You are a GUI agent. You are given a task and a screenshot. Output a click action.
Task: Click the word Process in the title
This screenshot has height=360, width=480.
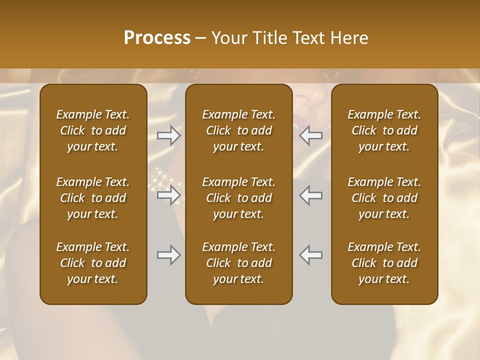point(157,38)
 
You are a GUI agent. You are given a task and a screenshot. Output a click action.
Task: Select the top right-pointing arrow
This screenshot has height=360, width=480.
point(169,135)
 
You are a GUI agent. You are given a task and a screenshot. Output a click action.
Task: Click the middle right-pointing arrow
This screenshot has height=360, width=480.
point(169,195)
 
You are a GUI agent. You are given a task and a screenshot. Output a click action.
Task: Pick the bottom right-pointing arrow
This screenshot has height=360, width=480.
point(169,255)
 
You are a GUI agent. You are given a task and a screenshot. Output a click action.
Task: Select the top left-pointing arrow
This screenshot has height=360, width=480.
point(311,135)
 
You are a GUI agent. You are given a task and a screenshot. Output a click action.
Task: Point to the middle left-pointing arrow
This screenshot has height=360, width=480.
point(311,195)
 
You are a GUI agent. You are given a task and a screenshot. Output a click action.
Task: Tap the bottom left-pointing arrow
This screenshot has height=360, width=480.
point(311,255)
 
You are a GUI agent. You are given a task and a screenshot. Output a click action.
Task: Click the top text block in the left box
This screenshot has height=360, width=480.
point(93,130)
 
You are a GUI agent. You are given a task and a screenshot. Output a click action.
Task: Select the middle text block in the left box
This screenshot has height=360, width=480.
point(93,198)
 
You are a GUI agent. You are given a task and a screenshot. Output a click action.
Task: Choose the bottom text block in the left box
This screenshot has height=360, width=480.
point(93,263)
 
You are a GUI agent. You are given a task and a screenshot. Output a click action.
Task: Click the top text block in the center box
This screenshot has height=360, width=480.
point(239,130)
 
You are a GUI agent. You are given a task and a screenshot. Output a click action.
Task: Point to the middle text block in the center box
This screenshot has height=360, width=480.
point(239,198)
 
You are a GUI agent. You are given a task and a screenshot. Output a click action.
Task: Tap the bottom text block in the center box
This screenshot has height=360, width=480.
point(239,263)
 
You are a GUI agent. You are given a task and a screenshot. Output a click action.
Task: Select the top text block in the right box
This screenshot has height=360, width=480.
point(384,130)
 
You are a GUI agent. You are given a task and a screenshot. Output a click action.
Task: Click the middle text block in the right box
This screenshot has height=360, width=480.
point(384,198)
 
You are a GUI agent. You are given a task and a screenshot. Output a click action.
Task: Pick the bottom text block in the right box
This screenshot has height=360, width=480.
point(384,263)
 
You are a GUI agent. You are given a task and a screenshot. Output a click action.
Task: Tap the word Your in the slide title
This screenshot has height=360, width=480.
point(228,38)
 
